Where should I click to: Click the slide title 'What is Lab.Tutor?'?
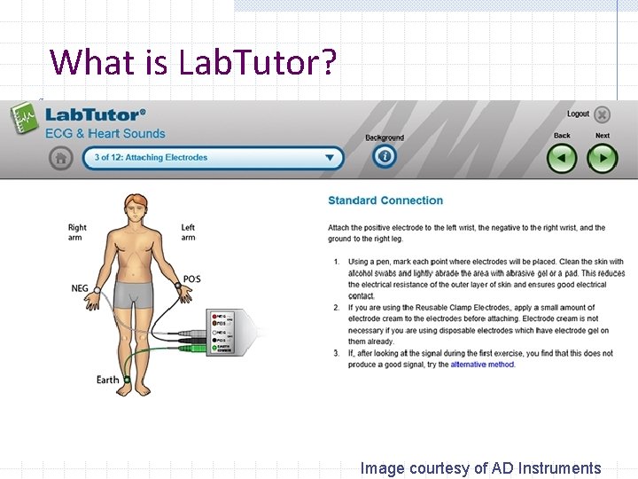coord(193,62)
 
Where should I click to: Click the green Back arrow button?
coord(562,158)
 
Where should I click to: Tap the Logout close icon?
coord(603,114)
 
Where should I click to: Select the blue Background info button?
coord(384,157)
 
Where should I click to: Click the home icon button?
coord(60,158)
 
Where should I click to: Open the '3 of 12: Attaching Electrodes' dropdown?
coord(213,158)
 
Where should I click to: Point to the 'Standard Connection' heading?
coord(385,200)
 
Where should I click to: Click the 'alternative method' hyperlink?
coord(482,365)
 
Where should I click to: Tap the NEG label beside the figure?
coord(80,288)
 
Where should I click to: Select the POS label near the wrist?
coord(191,279)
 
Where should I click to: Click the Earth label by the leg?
coord(107,380)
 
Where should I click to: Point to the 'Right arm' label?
coord(77,232)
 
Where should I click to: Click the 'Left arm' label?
coord(188,232)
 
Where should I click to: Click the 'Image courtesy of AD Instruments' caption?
coord(480,468)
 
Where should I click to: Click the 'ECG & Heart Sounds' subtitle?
coord(105,134)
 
